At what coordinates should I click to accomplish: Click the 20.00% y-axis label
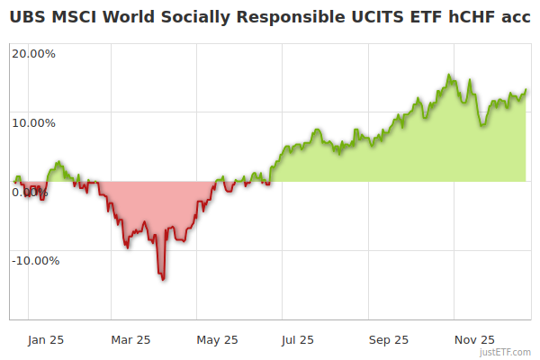tap(33, 53)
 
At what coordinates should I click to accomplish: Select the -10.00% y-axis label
tap(35, 261)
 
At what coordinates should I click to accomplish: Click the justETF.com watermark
tap(505, 352)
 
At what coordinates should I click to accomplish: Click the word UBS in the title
tap(27, 15)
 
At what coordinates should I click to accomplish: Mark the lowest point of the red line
tap(163, 279)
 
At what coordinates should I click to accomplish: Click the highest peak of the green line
tap(449, 76)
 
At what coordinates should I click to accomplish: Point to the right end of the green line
tap(526, 90)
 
